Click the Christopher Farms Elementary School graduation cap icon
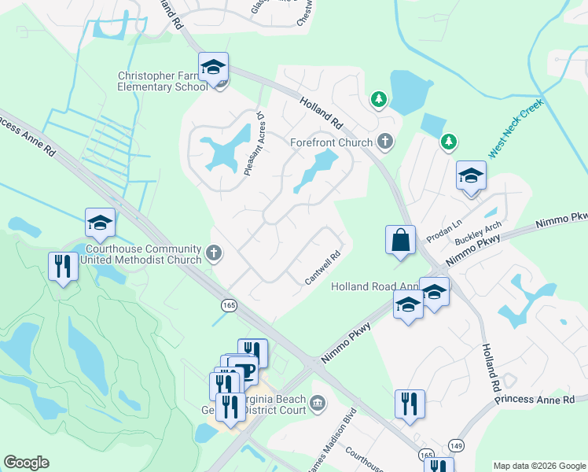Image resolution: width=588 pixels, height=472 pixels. point(212,69)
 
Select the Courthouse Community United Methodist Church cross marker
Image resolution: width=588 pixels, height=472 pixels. point(214,253)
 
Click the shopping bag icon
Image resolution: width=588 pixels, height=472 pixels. point(400,239)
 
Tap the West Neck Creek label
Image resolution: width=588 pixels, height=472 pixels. point(516,128)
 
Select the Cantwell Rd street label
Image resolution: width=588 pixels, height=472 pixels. point(322,268)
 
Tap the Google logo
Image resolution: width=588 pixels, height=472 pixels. point(26,463)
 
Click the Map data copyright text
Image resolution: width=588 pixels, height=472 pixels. point(538,466)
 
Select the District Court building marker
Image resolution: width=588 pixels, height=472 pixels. point(317,404)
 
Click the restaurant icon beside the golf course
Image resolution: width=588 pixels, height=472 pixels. point(62,266)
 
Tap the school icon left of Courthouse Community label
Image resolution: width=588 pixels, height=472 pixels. point(100,223)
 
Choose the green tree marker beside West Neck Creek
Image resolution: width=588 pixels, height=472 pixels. point(448,142)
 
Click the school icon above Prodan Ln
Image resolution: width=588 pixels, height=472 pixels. point(471,175)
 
